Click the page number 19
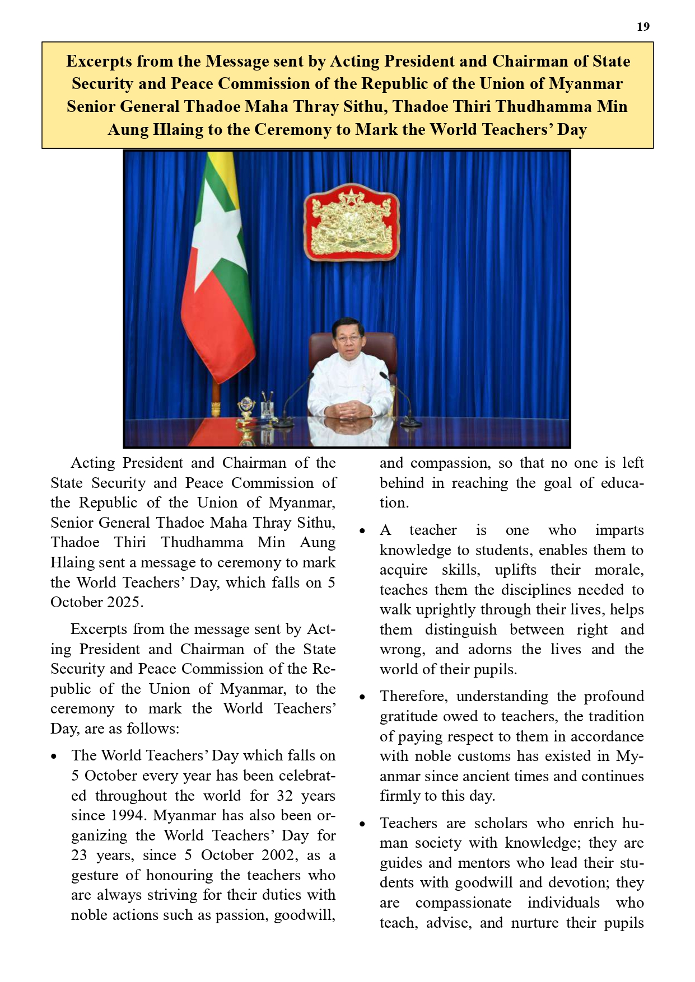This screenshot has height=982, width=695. (x=643, y=27)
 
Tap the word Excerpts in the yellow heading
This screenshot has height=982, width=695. (x=99, y=61)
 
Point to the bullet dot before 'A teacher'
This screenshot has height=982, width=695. (x=362, y=530)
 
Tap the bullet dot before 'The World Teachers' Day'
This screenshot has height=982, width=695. (x=54, y=756)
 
